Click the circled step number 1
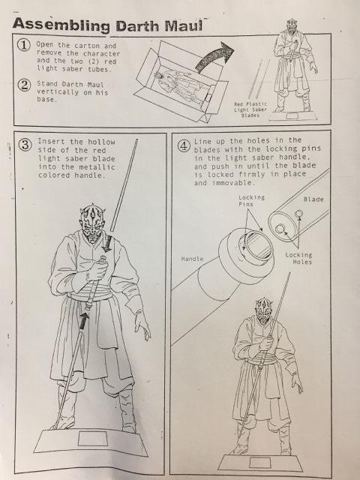point(23,45)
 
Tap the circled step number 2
point(24,85)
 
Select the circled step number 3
point(25,145)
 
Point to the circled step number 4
point(184,145)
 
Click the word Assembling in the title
point(61,25)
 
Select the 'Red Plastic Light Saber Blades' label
point(250,109)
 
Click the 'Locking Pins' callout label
point(251,200)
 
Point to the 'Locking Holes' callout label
point(298,258)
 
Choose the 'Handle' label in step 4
point(192,259)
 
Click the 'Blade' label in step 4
point(313,199)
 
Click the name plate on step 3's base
point(93,438)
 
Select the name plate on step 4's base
point(259,462)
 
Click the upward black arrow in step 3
point(83,320)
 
